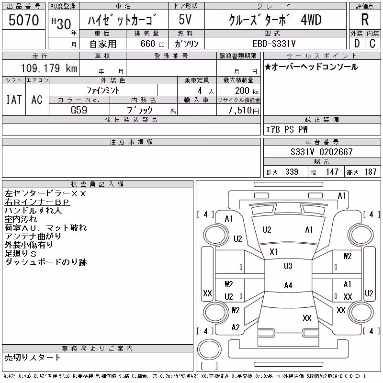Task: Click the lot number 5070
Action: [x=23, y=20]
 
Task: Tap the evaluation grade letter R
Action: [x=365, y=20]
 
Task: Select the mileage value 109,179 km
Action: [x=49, y=68]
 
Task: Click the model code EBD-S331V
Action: [x=274, y=44]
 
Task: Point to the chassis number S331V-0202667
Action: [x=321, y=152]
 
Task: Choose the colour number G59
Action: [x=79, y=110]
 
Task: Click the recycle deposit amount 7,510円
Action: [x=243, y=111]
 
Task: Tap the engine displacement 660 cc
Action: [x=152, y=44]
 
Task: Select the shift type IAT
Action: [x=14, y=100]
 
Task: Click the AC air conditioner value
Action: [x=37, y=100]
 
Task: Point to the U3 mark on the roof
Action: [x=288, y=266]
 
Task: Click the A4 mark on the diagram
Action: [x=288, y=285]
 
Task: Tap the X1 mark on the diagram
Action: [x=273, y=252]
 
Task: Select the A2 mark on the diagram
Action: [x=236, y=327]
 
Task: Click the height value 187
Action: [x=370, y=172]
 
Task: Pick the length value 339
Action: [x=292, y=172]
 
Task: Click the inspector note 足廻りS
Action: [x=21, y=254]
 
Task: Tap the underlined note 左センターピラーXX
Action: [x=45, y=194]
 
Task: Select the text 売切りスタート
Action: [x=33, y=357]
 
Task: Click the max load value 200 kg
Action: [x=247, y=91]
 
